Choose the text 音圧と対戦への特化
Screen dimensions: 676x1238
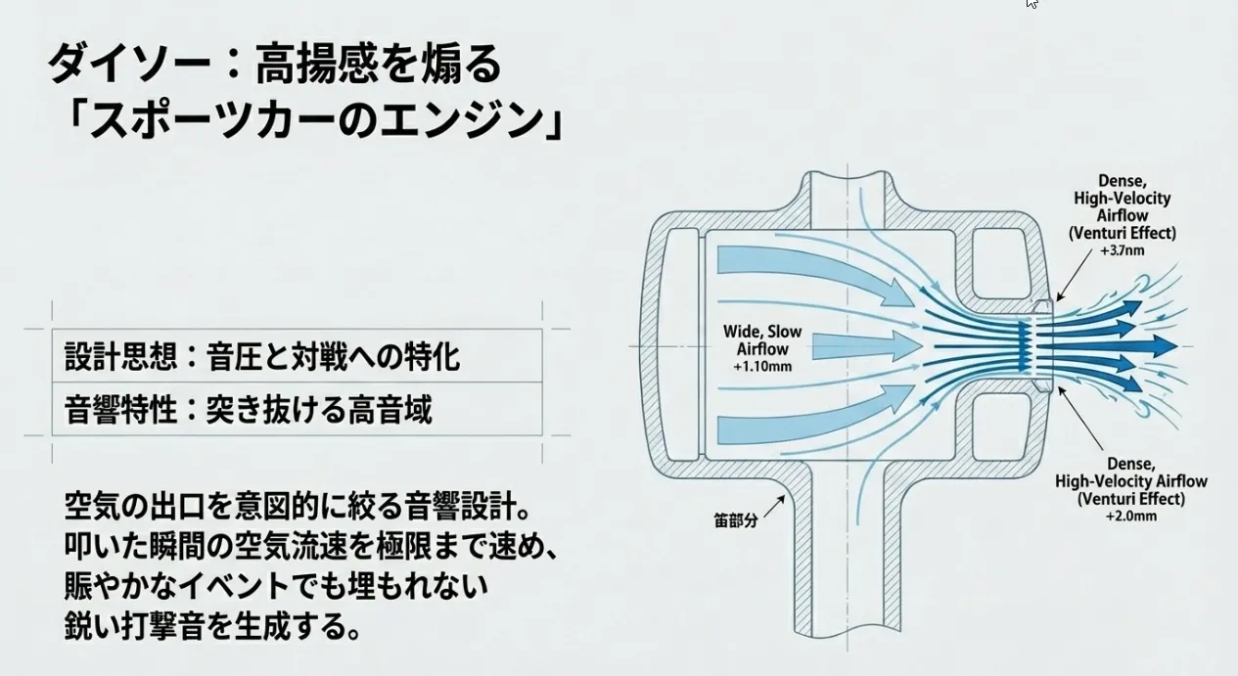pyautogui.click(x=334, y=356)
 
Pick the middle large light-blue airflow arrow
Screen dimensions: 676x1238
pyautogui.click(x=861, y=345)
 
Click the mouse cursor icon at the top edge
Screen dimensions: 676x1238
pyautogui.click(x=1032, y=4)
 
